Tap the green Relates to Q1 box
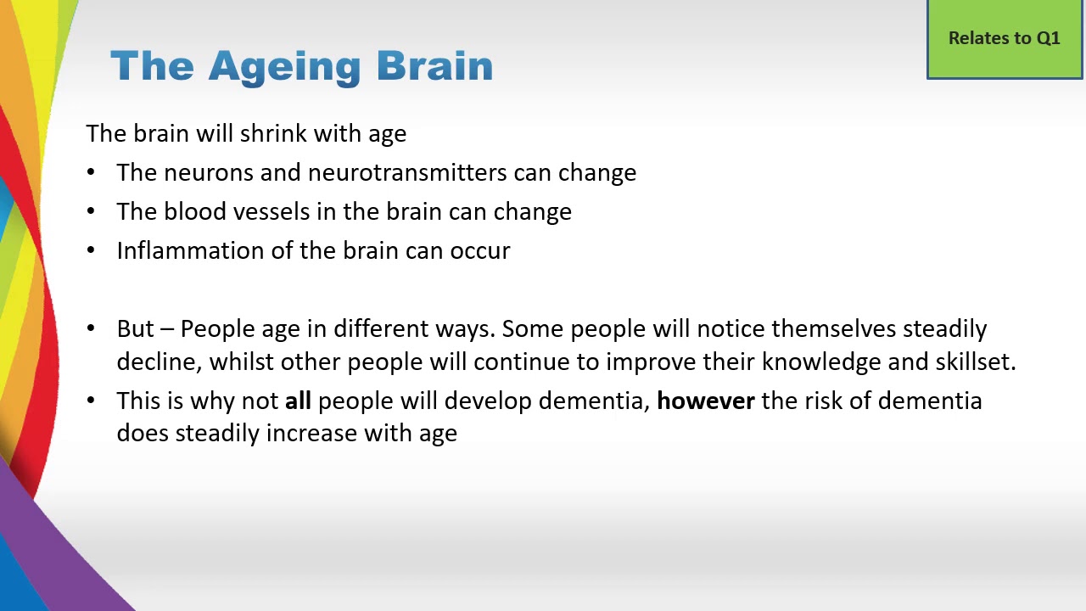(x=1005, y=39)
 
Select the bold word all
(x=298, y=401)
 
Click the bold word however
(x=705, y=401)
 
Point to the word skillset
(x=975, y=362)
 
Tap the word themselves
(x=834, y=328)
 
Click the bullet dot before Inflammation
(x=92, y=251)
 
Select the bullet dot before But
(x=92, y=329)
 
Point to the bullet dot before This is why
(x=92, y=401)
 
